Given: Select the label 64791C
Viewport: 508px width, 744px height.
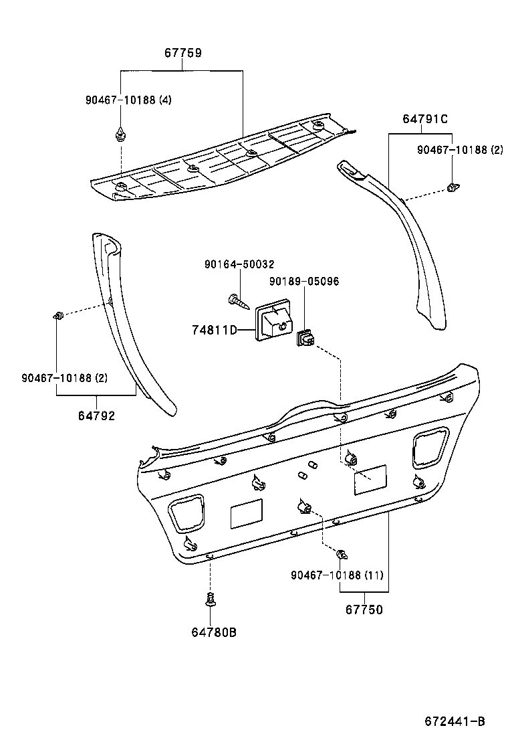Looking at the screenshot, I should (x=424, y=119).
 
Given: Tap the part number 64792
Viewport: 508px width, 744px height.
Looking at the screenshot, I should (x=96, y=415).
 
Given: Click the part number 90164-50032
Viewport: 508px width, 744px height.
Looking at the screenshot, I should (x=239, y=265).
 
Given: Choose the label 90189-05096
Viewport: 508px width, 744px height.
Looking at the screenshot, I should (x=304, y=282).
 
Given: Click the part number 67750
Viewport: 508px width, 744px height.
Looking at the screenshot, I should (x=364, y=610).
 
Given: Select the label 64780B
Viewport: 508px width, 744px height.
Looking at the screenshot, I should (x=214, y=632).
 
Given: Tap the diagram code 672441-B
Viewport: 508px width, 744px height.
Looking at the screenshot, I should (x=454, y=721).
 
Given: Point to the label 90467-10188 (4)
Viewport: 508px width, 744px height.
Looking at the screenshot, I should (x=128, y=100).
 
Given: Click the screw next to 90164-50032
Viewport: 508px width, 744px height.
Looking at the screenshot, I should (x=238, y=301).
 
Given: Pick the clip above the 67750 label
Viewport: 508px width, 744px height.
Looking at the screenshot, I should (x=342, y=554).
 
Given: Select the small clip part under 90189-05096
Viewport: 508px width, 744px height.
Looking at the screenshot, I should (x=305, y=339).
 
